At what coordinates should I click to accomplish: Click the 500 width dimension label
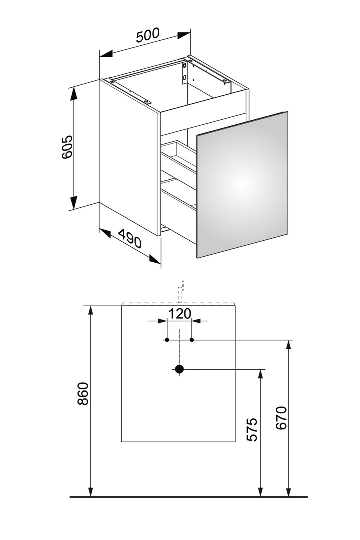point(148,35)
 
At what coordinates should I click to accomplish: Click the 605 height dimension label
point(67,147)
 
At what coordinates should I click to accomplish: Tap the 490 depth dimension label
point(130,239)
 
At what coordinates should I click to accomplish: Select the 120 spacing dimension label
point(179,313)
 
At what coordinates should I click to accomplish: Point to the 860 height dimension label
point(83,393)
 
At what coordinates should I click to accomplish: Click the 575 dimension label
point(252,430)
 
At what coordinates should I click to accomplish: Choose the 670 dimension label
point(281,418)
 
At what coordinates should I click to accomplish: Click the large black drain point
point(179,369)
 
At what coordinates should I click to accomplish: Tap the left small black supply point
point(167,340)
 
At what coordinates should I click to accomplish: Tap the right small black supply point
point(192,340)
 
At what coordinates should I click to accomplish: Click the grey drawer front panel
point(242,185)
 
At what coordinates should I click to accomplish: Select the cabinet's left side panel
point(129,156)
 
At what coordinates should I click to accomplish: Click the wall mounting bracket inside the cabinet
point(185,72)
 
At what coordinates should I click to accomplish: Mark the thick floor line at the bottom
point(189,497)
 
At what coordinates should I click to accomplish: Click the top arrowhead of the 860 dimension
point(91,310)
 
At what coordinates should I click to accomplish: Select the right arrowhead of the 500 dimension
point(184,35)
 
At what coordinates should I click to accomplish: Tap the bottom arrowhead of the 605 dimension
point(73,202)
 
